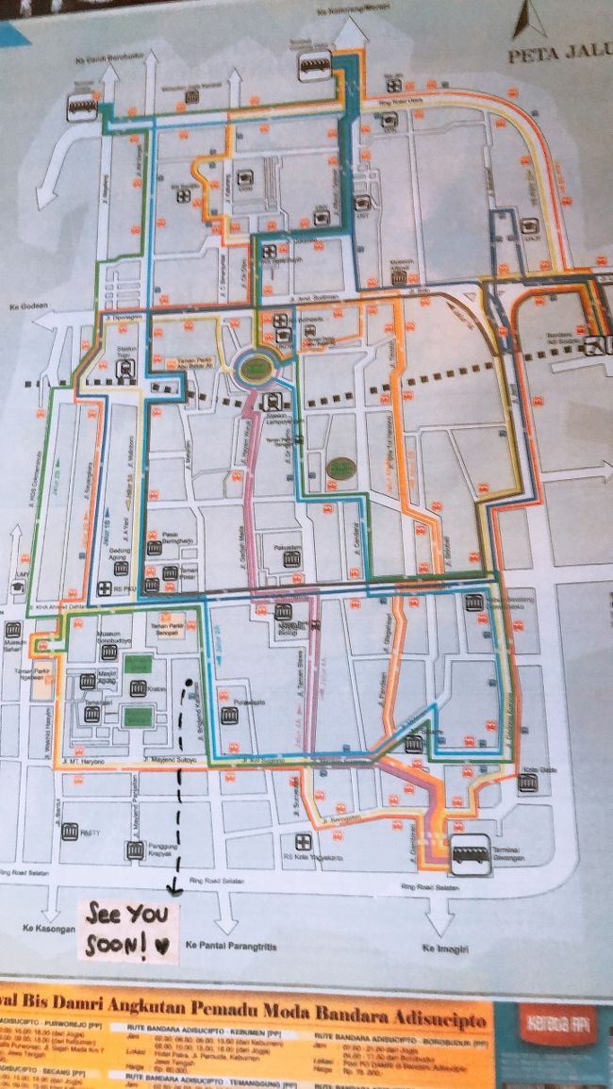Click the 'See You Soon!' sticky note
[x=128, y=931]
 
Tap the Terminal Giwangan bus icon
[x=469, y=850]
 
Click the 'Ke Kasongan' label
[x=38, y=929]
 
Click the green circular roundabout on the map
[x=254, y=367]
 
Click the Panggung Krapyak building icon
[x=135, y=850]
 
